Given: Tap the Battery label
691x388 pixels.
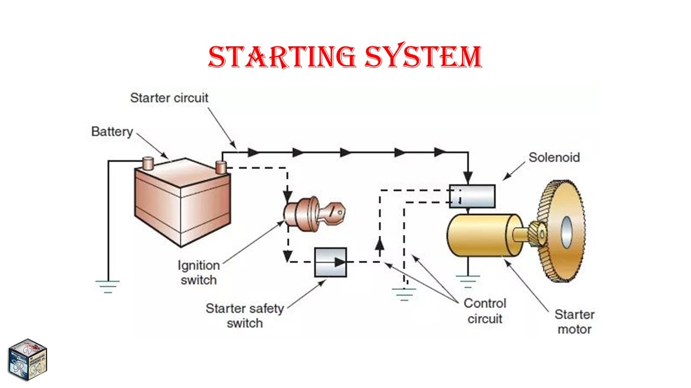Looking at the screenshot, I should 112,131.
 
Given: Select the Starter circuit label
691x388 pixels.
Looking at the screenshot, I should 169,98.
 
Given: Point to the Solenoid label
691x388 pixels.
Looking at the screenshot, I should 554,157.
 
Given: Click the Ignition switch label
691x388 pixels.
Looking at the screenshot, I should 199,273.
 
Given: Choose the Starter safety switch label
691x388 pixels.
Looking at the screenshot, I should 245,316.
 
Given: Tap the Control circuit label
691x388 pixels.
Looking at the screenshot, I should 485,311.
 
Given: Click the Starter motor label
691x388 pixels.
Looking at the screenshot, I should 574,322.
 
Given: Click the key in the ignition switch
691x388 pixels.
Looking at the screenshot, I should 334,212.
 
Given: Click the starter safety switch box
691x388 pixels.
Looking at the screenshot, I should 330,262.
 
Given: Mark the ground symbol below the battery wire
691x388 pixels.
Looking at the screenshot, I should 107,285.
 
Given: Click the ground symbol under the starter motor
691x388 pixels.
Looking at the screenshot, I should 468,281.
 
